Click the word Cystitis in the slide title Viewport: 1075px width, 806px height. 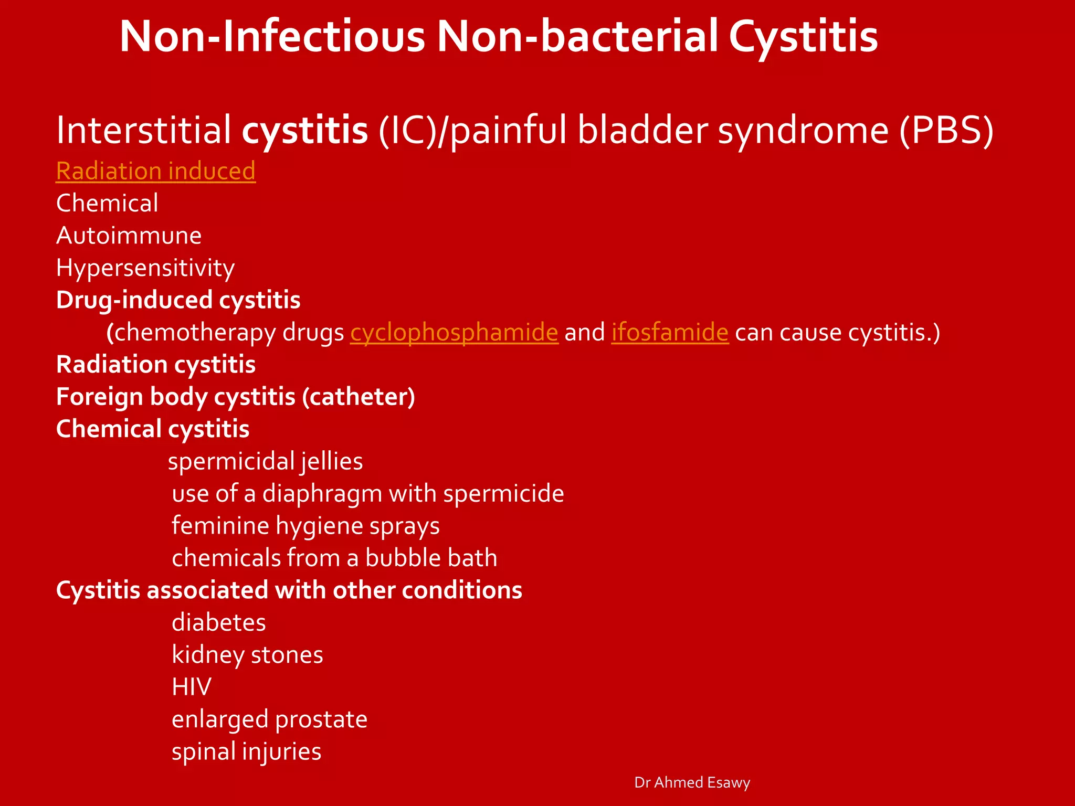(x=803, y=37)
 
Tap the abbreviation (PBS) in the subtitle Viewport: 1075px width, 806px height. (x=946, y=130)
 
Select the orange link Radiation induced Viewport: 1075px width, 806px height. (x=155, y=171)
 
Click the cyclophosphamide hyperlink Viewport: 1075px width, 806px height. (x=454, y=333)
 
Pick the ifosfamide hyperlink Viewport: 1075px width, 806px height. (x=670, y=333)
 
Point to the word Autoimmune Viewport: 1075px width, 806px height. (x=129, y=236)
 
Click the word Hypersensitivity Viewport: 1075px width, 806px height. (x=145, y=268)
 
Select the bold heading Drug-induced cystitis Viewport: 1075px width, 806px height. (x=178, y=300)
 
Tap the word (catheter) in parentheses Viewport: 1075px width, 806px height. (x=359, y=397)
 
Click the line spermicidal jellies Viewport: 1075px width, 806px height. (x=265, y=462)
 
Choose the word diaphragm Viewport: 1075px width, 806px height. (x=322, y=494)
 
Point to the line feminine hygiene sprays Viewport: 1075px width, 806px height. (x=305, y=526)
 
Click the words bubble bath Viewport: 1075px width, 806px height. (x=431, y=558)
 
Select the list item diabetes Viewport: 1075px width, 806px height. (x=218, y=623)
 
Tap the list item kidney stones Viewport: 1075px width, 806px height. (x=247, y=655)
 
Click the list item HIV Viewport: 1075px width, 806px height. (x=192, y=687)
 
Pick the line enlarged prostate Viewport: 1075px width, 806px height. (x=269, y=719)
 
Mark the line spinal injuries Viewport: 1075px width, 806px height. (x=246, y=751)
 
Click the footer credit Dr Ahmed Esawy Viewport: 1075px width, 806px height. (x=692, y=782)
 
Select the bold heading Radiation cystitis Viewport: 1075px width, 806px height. (x=155, y=365)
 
